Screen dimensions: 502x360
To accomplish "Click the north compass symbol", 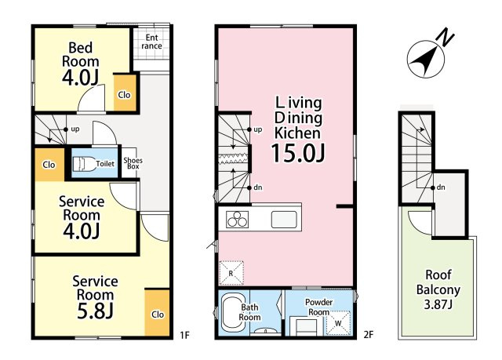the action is (x=426, y=59).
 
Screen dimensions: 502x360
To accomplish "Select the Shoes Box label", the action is (x=133, y=163).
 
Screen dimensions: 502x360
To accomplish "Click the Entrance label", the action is (x=151, y=42).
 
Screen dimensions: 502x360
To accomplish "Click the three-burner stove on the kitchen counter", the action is (x=237, y=220).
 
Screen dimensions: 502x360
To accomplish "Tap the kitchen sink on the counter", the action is (x=284, y=220).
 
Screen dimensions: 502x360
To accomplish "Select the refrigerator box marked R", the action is (x=231, y=273).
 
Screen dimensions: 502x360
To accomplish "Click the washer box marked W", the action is (x=338, y=323).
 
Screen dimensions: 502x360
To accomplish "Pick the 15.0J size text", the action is (x=298, y=153).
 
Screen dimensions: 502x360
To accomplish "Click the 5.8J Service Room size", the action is (x=95, y=310).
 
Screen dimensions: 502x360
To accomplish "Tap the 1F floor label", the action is (x=185, y=335).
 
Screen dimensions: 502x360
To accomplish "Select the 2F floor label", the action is (x=369, y=335).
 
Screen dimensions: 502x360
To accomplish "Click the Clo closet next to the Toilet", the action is (x=49, y=165).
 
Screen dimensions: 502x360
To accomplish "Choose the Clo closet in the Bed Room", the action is (x=125, y=93).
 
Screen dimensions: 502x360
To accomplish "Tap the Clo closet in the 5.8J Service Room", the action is (x=157, y=313).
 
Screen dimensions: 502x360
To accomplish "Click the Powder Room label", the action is (x=318, y=307).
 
